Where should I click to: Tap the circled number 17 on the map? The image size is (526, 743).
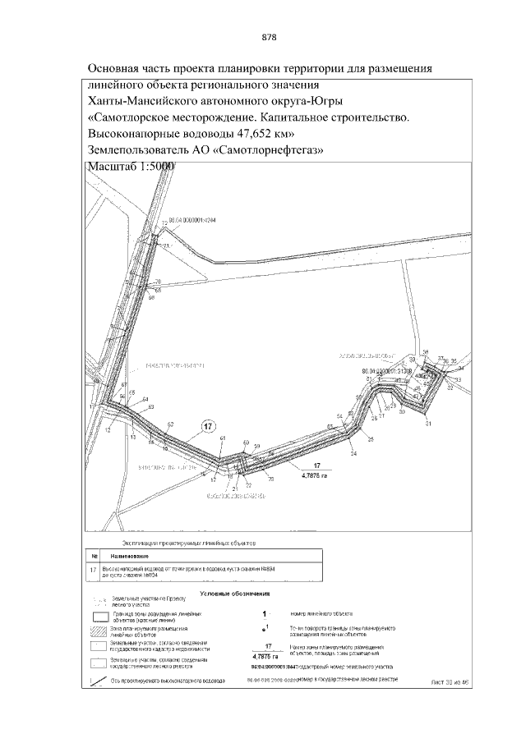point(209,427)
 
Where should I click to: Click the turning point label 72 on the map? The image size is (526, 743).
point(164,223)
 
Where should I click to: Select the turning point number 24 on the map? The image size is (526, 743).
point(353,453)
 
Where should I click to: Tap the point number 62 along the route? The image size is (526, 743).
point(170,424)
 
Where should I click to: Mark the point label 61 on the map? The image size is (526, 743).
point(222,441)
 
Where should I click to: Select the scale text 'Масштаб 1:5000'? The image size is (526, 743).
point(131,167)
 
